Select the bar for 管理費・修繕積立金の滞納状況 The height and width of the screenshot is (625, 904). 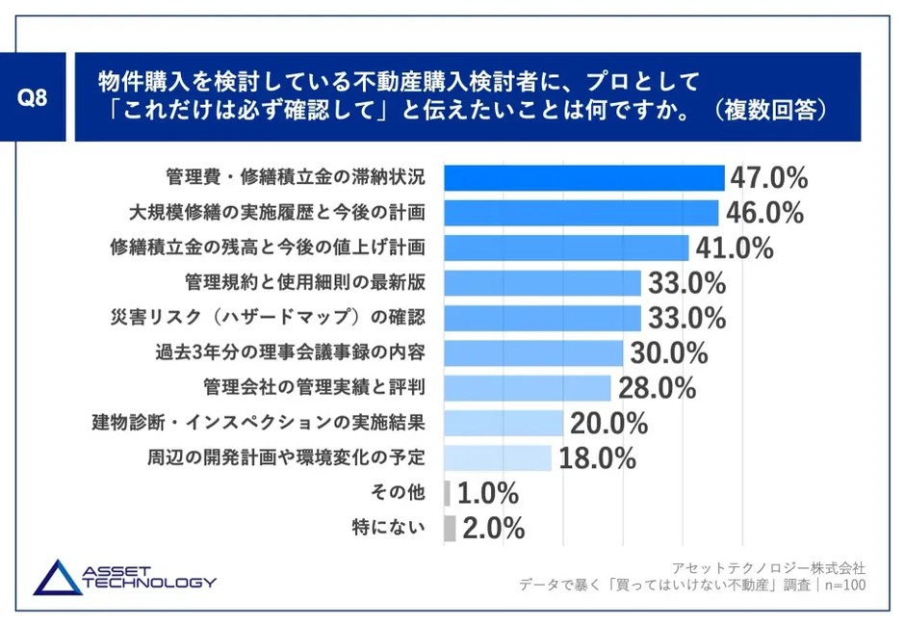583,178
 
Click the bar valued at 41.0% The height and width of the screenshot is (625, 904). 566,247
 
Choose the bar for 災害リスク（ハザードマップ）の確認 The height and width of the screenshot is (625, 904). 542,318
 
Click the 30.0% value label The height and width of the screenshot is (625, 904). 669,353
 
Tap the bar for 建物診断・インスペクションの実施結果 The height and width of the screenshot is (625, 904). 504,423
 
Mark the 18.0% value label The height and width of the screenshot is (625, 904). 597,458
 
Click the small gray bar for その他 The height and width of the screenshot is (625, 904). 447,493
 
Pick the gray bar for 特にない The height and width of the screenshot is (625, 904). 450,528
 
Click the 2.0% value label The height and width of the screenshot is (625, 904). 493,529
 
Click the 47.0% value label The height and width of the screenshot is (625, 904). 768,178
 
